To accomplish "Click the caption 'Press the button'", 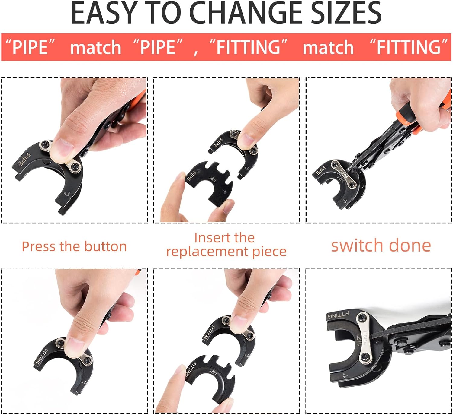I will [74, 246].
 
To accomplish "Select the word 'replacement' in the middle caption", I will [208, 251].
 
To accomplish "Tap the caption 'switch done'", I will [381, 245].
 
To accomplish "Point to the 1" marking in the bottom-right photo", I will [345, 375].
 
